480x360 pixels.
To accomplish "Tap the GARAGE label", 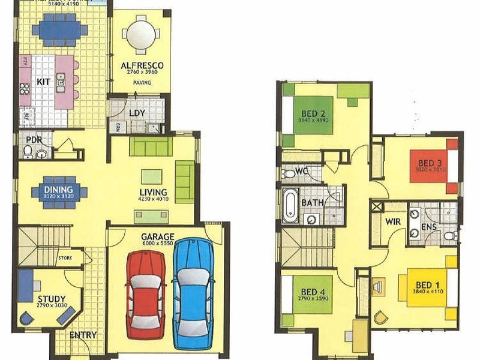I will [158, 236].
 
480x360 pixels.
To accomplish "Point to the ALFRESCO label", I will [142, 65].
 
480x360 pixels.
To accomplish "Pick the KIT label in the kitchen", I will [43, 81].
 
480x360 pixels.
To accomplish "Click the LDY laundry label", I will [137, 113].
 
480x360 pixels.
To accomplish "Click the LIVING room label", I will [153, 192].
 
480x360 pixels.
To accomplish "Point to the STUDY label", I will [51, 299].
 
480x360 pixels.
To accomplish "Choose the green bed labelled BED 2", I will [313, 115].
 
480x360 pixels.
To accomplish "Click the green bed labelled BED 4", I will [312, 294].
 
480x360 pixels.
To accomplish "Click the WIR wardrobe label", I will [393, 222].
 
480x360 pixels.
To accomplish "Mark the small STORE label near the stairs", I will [65, 259].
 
